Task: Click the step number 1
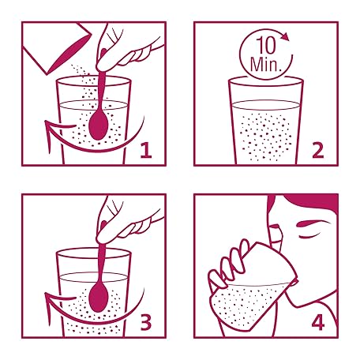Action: [x=146, y=150]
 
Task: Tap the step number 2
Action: [x=318, y=150]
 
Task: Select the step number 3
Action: [x=146, y=322]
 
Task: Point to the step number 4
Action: [x=318, y=322]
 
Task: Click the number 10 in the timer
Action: [x=266, y=46]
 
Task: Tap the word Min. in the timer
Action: [x=265, y=64]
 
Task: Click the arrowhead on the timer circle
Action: [x=285, y=37]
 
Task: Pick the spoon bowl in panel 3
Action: [x=99, y=298]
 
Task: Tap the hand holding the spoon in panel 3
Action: [x=124, y=223]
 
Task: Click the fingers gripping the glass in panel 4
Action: [x=228, y=266]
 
